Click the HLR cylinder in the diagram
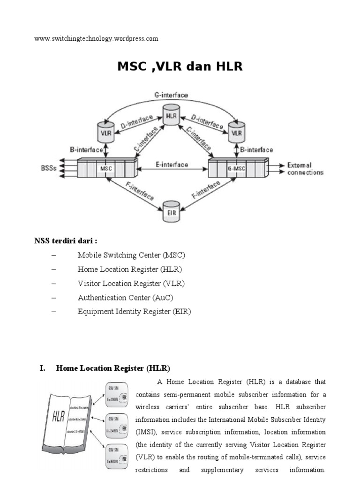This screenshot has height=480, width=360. point(171,115)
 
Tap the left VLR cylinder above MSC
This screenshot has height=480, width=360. point(106,131)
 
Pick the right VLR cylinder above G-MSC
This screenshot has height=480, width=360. point(237,131)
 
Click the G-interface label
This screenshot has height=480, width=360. point(171,95)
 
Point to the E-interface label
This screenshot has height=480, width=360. point(172,165)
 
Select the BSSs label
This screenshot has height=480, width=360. point(51,168)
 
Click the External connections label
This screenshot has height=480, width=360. point(305,169)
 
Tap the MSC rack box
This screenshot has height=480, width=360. point(107,168)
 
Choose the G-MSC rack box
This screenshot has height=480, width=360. point(238,168)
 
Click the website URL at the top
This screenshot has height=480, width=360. point(96,38)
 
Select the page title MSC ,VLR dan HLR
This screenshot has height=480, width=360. point(180,67)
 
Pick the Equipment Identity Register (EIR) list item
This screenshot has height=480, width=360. point(135,312)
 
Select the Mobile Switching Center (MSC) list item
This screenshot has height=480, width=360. point(132,255)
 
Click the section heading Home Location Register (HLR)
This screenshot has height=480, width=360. point(112,368)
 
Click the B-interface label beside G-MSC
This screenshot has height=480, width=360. point(256,150)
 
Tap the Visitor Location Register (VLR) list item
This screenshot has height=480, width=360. point(131,284)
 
